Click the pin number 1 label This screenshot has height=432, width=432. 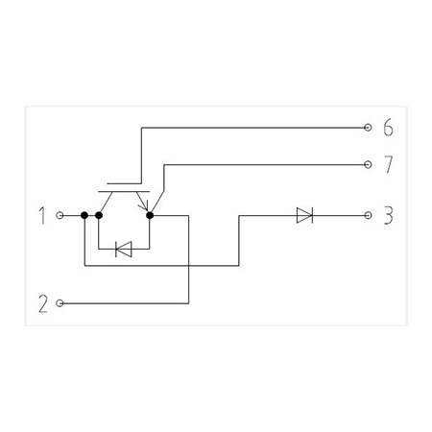pyautogui.click(x=42, y=215)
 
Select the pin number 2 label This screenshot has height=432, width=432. pyautogui.click(x=43, y=303)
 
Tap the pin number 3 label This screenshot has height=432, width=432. pyautogui.click(x=388, y=215)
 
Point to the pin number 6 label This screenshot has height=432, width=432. pyautogui.click(x=388, y=128)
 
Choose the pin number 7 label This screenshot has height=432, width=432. pyautogui.click(x=388, y=164)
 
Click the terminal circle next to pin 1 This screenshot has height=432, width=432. pyautogui.click(x=60, y=215)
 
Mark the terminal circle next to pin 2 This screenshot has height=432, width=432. pyautogui.click(x=60, y=303)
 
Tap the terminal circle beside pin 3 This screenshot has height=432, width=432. pyautogui.click(x=368, y=215)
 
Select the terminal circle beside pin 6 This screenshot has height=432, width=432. pyautogui.click(x=368, y=128)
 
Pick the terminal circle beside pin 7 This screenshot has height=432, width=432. pyautogui.click(x=368, y=164)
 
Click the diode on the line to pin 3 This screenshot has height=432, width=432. pyautogui.click(x=304, y=215)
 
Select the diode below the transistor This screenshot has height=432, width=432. pyautogui.click(x=124, y=249)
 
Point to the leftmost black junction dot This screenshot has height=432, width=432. pyautogui.click(x=84, y=215)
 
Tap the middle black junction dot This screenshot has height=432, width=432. pyautogui.click(x=99, y=215)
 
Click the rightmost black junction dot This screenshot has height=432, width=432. pyautogui.click(x=150, y=215)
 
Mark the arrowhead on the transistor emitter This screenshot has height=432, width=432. pyautogui.click(x=144, y=205)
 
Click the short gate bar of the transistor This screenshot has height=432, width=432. pyautogui.click(x=124, y=184)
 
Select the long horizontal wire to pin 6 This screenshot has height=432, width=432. pyautogui.click(x=252, y=128)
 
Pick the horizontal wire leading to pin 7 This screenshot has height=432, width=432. pyautogui.click(x=264, y=164)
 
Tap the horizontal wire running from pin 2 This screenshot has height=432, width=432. pyautogui.click(x=126, y=303)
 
